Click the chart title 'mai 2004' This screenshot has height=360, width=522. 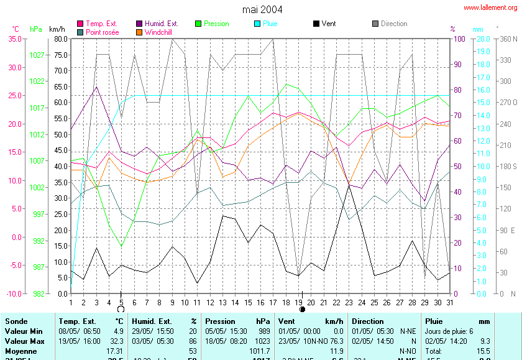[262, 9]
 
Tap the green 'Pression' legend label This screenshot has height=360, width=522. [216, 24]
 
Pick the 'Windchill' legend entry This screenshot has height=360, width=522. [159, 32]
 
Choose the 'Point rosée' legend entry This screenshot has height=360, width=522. [102, 32]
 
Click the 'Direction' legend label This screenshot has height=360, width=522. [394, 24]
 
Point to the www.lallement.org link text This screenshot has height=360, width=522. [490, 7]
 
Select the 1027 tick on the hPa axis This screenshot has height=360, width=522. [37, 55]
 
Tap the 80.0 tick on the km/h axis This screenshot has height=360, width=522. [60, 39]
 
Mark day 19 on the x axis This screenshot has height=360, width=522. [302, 302]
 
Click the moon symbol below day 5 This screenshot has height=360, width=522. [121, 308]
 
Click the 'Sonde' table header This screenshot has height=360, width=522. [17, 321]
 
